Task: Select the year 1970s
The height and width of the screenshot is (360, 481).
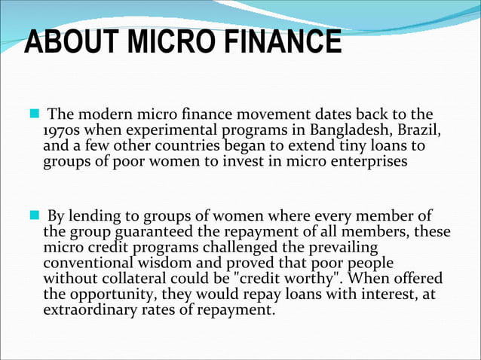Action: point(63,130)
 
